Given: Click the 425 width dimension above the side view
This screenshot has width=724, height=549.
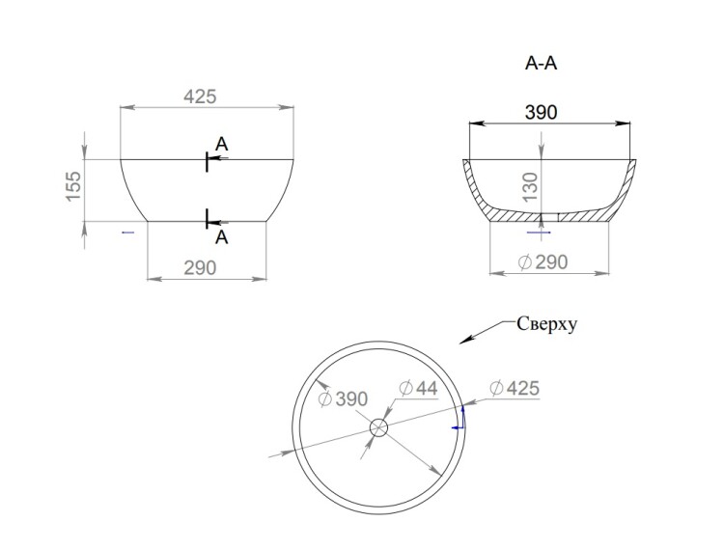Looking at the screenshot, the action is [200, 96].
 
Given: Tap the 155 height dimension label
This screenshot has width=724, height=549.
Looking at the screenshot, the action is [73, 186].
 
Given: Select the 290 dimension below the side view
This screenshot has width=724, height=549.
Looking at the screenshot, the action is [200, 267].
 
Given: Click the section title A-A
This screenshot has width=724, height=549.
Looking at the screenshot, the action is [541, 64].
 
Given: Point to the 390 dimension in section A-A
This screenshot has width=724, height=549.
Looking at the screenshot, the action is [542, 112].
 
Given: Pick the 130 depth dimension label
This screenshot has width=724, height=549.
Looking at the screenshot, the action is [531, 186].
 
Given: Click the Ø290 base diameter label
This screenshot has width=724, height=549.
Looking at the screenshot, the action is [543, 262].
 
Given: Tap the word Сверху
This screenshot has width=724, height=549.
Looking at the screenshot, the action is [546, 324].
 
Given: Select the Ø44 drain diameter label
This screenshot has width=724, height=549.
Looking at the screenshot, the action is [418, 388].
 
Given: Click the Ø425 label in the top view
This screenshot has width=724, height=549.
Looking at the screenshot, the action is [515, 388].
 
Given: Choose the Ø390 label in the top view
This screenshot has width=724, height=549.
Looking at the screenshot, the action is [343, 398].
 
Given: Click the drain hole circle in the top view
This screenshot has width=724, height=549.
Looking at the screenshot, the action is [379, 427].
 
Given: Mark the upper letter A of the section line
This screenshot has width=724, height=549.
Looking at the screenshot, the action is [222, 145].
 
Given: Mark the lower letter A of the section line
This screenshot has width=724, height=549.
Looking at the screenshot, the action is [222, 237].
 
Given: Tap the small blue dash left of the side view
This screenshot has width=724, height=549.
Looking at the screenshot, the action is [127, 233].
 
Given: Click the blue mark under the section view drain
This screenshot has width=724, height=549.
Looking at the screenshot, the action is [539, 233].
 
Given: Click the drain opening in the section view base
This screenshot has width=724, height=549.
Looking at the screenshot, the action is [550, 217].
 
